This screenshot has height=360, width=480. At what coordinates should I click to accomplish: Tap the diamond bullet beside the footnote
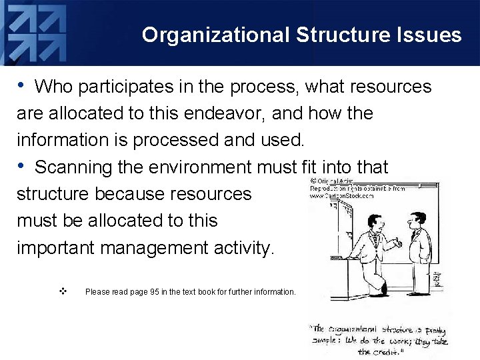pyautogui.click(x=62, y=291)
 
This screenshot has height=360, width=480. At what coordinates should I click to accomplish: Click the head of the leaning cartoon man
pyautogui.click(x=375, y=224)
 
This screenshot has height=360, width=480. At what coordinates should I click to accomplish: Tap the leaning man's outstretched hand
pyautogui.click(x=398, y=244)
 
